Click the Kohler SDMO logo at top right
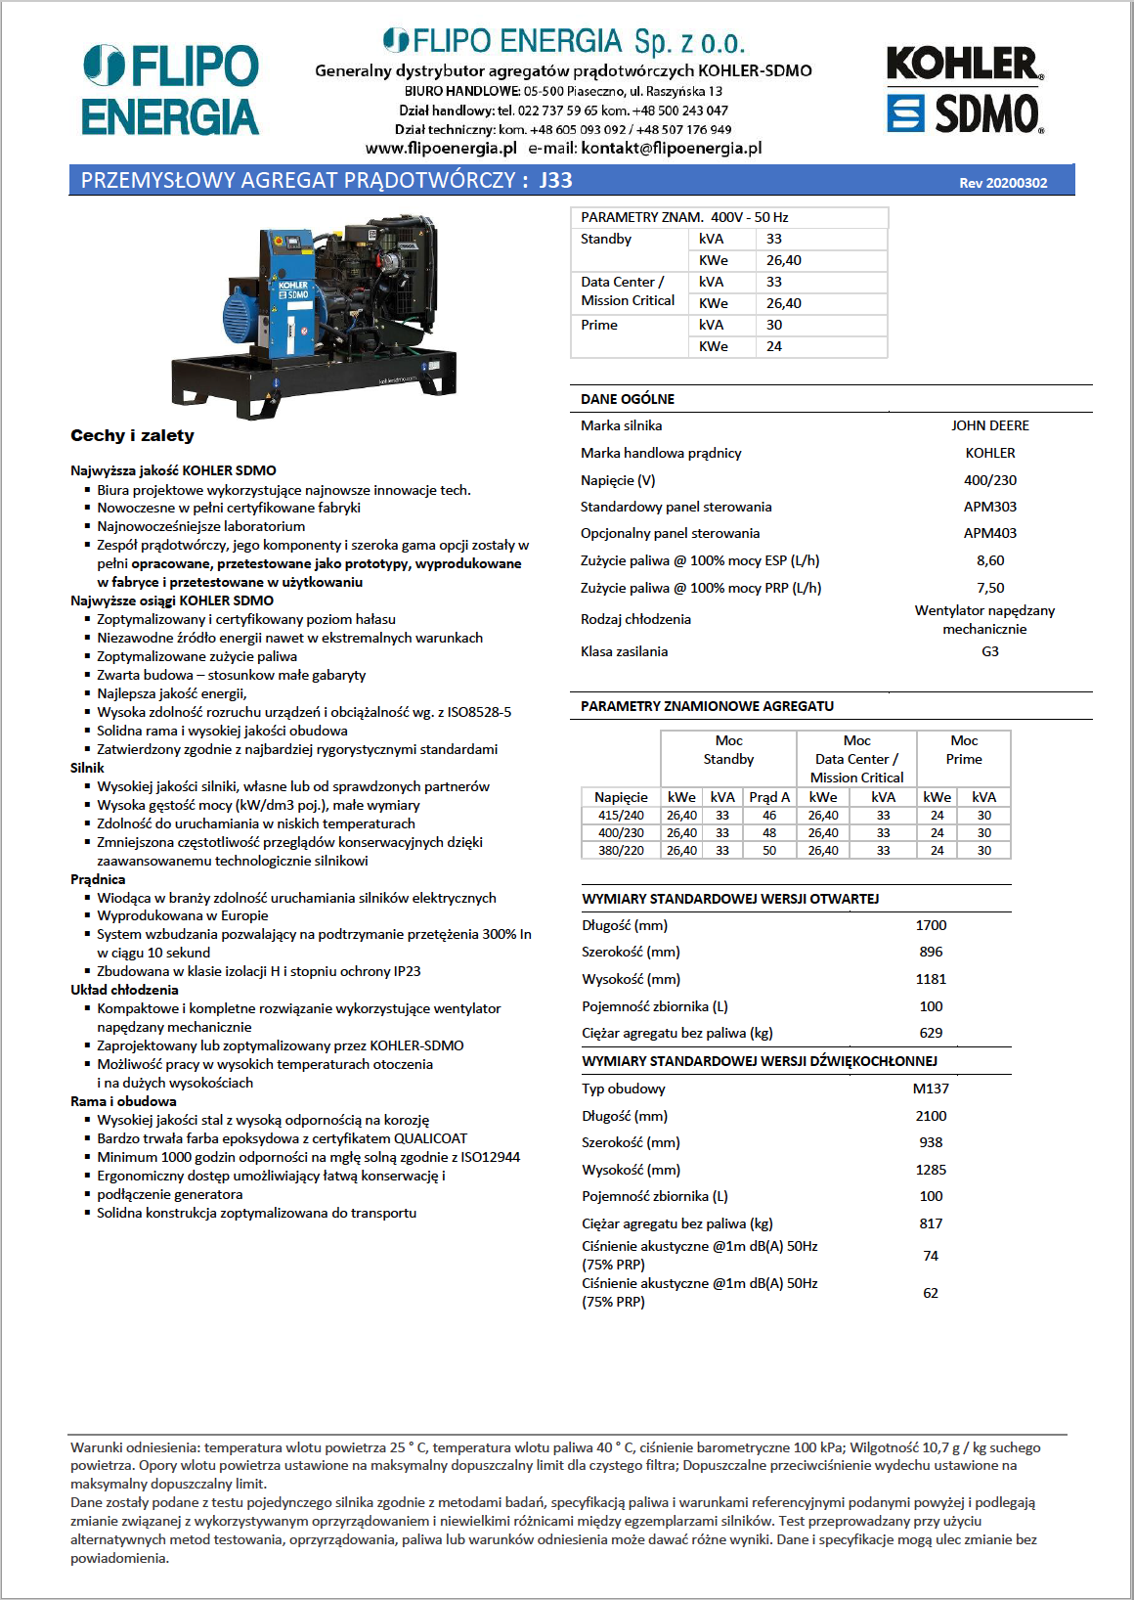[965, 90]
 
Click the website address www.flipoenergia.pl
[441, 149]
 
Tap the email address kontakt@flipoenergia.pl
[671, 149]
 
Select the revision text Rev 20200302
[1003, 183]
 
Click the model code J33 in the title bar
[556, 180]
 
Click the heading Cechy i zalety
[132, 436]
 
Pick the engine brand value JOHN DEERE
[989, 425]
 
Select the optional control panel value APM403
[989, 533]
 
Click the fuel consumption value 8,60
[989, 560]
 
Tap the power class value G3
[989, 651]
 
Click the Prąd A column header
[769, 797]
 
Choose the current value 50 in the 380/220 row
[769, 851]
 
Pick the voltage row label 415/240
[621, 816]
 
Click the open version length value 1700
[931, 925]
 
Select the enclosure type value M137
[931, 1089]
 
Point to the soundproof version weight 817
[931, 1223]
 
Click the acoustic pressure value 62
[931, 1293]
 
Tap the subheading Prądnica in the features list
[98, 879]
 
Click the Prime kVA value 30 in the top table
[774, 325]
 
